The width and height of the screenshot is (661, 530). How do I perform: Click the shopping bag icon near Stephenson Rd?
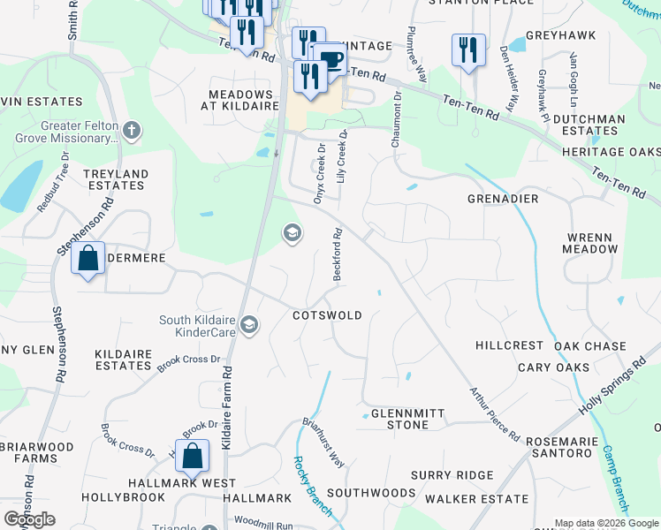tap(87, 259)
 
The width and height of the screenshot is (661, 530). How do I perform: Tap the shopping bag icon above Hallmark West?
tap(192, 457)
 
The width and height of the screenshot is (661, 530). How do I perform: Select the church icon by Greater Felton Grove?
tap(132, 132)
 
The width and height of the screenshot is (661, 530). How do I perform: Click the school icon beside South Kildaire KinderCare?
tap(250, 326)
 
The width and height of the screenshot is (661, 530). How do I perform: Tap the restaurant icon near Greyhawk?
tap(468, 49)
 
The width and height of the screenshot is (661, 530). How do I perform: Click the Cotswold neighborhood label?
tap(328, 315)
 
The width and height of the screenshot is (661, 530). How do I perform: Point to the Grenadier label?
tap(503, 199)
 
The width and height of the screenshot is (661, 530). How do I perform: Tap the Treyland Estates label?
tap(116, 180)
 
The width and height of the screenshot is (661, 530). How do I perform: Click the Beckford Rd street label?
tap(338, 254)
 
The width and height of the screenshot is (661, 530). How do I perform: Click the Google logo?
tap(29, 519)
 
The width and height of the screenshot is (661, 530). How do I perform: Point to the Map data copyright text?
tap(605, 523)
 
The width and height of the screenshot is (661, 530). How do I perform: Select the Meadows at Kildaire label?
tap(240, 101)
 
